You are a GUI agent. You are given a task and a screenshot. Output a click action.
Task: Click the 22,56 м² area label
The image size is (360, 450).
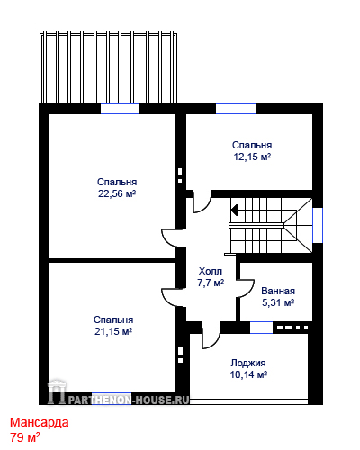click(x=117, y=193)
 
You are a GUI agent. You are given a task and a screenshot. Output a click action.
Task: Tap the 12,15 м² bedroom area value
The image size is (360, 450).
click(x=252, y=157)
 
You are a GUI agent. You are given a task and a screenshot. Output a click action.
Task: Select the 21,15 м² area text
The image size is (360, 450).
click(x=113, y=331)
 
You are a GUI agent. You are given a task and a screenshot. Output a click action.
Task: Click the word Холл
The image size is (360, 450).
click(x=211, y=271)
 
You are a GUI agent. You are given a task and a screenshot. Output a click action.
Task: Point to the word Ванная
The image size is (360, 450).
click(x=278, y=291)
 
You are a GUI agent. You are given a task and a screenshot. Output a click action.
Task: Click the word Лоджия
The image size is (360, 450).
click(x=248, y=363)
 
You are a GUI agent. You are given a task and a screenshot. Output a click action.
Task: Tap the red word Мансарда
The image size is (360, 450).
click(x=40, y=422)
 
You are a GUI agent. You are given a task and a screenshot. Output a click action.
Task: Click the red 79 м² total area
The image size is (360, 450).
click(x=25, y=437)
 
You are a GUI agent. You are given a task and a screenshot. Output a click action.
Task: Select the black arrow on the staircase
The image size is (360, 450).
click(x=234, y=210)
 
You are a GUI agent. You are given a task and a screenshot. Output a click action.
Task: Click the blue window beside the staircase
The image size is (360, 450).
click(x=318, y=225)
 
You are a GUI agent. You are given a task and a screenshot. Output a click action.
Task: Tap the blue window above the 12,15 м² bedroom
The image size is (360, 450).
click(x=236, y=109)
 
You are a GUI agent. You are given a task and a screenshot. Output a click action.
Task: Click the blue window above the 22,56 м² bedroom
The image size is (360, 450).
click(x=120, y=109)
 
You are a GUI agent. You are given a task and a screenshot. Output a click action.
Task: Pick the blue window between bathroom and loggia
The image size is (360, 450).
click(x=261, y=328)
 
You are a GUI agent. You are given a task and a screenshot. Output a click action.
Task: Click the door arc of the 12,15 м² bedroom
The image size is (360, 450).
click(x=207, y=208)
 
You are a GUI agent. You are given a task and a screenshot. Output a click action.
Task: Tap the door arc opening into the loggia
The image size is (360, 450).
click(x=217, y=342)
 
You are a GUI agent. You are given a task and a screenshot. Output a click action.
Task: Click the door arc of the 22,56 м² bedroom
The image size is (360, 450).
click(x=166, y=240)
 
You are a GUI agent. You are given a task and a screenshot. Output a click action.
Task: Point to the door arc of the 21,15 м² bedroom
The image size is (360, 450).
click(x=166, y=300)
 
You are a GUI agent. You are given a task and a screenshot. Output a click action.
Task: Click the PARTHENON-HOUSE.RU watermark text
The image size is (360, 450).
click(x=129, y=400)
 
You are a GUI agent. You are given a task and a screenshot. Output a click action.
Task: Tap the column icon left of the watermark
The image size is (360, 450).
click(x=57, y=391)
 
